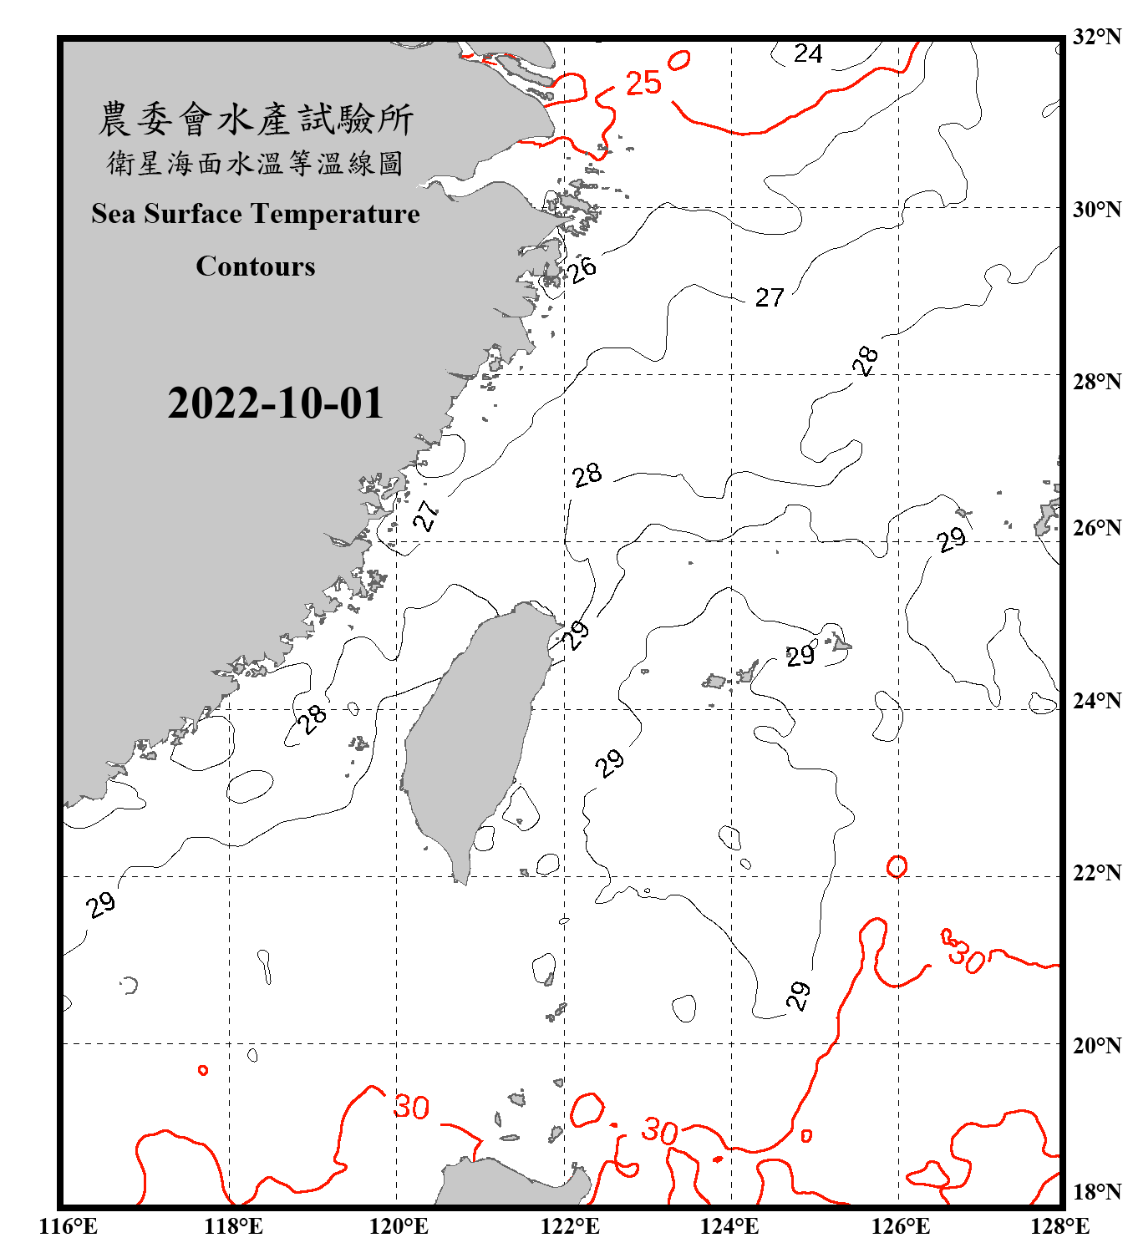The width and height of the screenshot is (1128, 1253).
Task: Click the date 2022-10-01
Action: pyautogui.click(x=275, y=403)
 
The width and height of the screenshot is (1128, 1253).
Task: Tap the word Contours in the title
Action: pyautogui.click(x=256, y=266)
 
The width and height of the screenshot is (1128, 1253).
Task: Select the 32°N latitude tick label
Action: pyautogui.click(x=1096, y=37)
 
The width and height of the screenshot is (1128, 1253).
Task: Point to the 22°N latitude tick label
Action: pyautogui.click(x=1096, y=873)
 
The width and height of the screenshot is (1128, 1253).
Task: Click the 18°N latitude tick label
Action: pyautogui.click(x=1096, y=1192)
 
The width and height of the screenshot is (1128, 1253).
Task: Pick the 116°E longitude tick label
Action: pyautogui.click(x=69, y=1226)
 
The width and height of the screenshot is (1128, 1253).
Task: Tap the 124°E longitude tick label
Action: pyautogui.click(x=729, y=1226)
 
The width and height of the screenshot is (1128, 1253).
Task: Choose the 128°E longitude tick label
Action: pyautogui.click(x=1059, y=1226)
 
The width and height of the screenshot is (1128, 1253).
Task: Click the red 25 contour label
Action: pyautogui.click(x=643, y=83)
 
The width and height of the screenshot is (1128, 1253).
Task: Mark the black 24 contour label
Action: pyautogui.click(x=808, y=54)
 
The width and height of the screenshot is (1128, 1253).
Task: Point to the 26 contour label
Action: pyautogui.click(x=582, y=269)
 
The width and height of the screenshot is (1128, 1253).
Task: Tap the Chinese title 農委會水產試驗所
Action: pyautogui.click(x=256, y=119)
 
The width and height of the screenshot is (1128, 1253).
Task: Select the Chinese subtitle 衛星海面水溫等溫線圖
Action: pyautogui.click(x=256, y=163)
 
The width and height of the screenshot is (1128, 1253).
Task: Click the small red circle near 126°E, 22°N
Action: pyautogui.click(x=897, y=866)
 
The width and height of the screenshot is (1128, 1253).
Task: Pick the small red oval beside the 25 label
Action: pyautogui.click(x=678, y=60)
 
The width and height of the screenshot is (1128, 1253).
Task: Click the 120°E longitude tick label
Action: pyautogui.click(x=399, y=1226)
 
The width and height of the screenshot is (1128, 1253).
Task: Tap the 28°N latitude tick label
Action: pyautogui.click(x=1096, y=382)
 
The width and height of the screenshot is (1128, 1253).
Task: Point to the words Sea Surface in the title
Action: pyautogui.click(x=166, y=214)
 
